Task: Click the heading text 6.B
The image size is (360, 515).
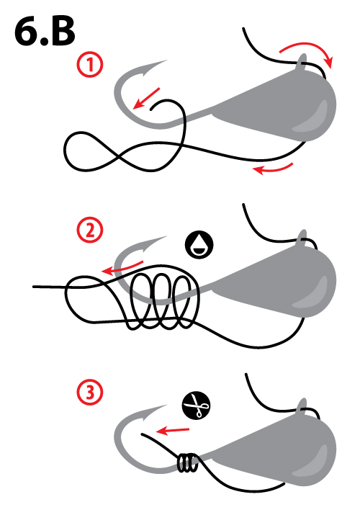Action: point(45,32)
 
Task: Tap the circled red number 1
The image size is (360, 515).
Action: point(90,65)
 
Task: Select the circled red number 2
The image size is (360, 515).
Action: point(90,230)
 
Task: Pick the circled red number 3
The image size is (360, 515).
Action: point(90,392)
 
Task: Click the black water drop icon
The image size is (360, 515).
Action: point(199,245)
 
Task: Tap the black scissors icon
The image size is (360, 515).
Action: point(196,406)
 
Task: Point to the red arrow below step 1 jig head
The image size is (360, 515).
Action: point(273,169)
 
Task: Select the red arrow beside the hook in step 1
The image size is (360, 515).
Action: point(146,98)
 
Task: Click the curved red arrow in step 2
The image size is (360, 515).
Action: point(122,268)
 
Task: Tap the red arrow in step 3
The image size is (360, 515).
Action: point(173,430)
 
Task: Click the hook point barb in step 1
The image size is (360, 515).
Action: point(153,67)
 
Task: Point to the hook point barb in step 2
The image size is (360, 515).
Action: point(153,243)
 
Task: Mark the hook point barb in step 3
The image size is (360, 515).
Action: point(153,411)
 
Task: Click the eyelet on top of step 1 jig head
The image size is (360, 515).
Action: point(302,62)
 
